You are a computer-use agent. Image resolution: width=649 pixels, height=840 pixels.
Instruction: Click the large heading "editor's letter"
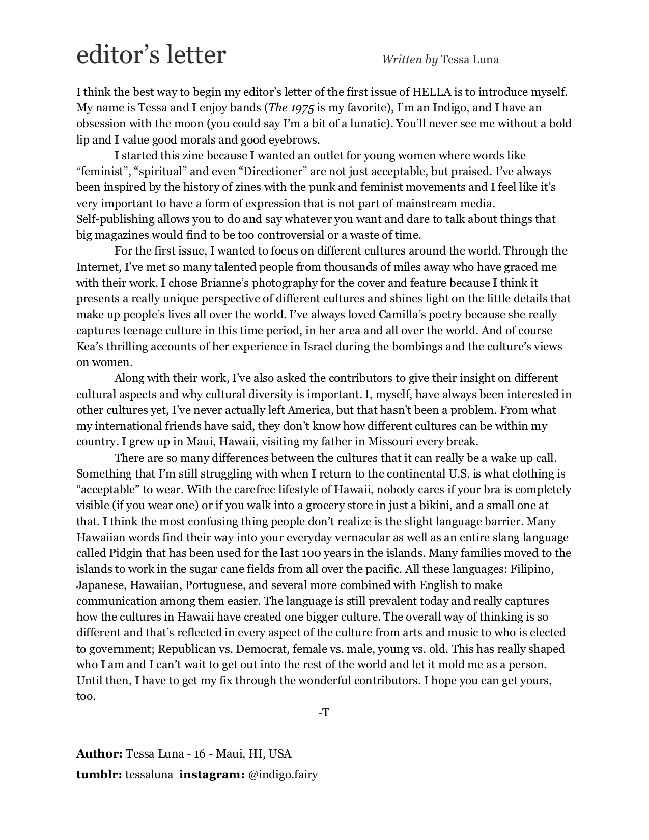[x=151, y=55]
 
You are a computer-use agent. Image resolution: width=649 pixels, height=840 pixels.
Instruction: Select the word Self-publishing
[x=115, y=219]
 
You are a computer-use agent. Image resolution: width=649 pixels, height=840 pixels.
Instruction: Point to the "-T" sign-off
[x=324, y=713]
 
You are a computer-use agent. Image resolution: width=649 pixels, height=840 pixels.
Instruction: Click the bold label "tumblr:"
[x=99, y=775]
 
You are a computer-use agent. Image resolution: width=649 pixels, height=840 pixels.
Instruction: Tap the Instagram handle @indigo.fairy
[x=283, y=775]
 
